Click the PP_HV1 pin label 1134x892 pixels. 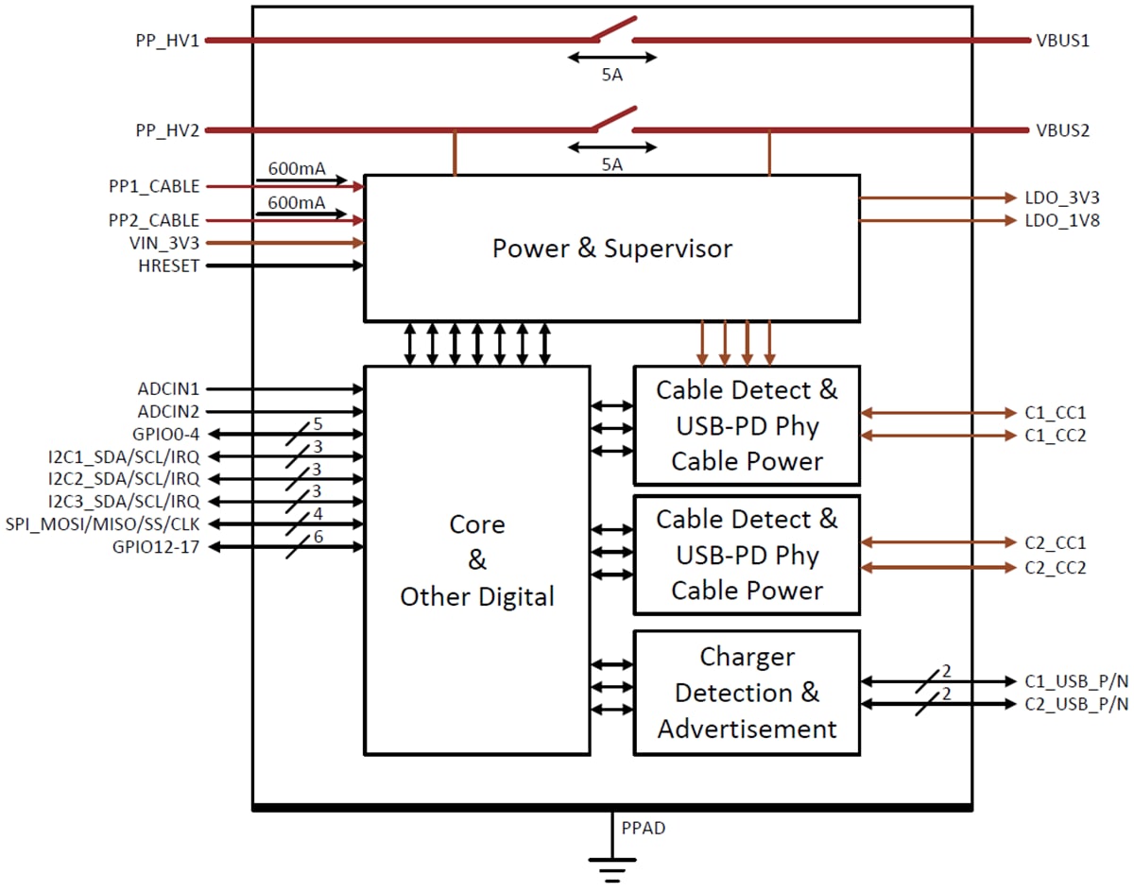[x=167, y=42]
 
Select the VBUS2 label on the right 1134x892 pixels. [x=1057, y=130]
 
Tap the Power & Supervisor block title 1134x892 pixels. [x=611, y=249]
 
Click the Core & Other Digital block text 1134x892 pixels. [x=477, y=561]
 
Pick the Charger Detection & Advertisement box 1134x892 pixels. [x=747, y=693]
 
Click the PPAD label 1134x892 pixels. [x=644, y=829]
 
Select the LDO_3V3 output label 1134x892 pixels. [x=1062, y=198]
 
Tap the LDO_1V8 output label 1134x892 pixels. [x=1062, y=221]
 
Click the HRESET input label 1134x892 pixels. [x=169, y=266]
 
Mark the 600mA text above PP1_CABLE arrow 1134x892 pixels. [x=296, y=170]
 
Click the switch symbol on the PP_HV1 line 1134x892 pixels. [x=611, y=31]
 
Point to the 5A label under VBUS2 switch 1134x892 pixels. [x=611, y=164]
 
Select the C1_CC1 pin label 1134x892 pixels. [x=1056, y=413]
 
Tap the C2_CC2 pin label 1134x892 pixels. [x=1056, y=568]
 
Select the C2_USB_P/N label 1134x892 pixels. [x=1076, y=704]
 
